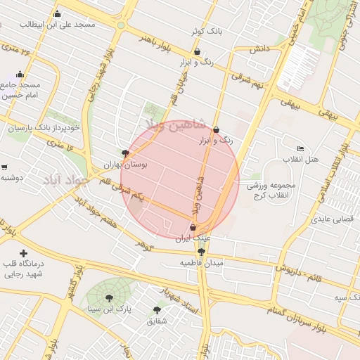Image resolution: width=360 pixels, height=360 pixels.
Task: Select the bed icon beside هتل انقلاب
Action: (x=301, y=149)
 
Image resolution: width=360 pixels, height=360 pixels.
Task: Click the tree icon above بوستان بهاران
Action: (x=125, y=153)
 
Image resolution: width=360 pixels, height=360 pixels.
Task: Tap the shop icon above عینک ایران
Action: (x=193, y=227)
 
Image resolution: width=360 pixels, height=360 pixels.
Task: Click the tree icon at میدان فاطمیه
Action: (x=202, y=252)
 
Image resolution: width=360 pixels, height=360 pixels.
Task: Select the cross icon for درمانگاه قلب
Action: (x=24, y=253)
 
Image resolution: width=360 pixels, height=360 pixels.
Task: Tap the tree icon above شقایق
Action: (x=157, y=309)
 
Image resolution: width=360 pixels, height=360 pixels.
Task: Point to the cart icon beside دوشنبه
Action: (x=4, y=167)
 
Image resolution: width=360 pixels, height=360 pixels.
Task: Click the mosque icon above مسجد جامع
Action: (x=20, y=74)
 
